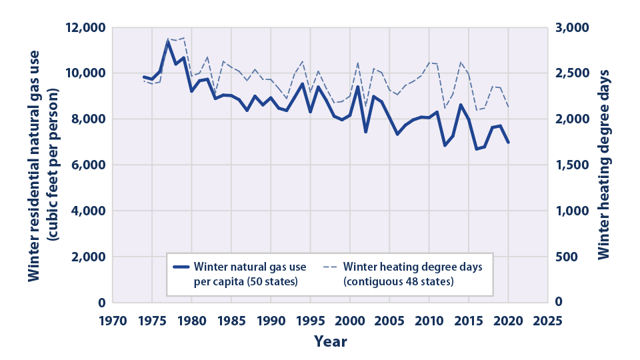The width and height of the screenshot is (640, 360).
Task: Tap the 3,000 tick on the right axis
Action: pos(572,27)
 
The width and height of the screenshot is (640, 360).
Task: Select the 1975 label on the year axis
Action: pos(152,319)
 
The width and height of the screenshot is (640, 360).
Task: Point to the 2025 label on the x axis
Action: pos(548,319)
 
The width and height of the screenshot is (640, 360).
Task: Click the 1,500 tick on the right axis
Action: pos(572,165)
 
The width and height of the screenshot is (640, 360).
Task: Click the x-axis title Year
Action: pos(331,341)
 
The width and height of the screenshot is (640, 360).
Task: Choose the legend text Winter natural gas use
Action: pos(251,267)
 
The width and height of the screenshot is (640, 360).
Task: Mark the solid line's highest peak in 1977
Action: pos(168,42)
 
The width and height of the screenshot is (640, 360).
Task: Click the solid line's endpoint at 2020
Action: pos(509,142)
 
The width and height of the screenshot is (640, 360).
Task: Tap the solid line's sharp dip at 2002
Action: pos(366,131)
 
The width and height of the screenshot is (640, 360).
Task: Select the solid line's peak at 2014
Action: pos(461,105)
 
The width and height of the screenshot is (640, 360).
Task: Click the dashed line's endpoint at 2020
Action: pos(509,107)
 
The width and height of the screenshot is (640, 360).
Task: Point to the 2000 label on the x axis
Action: pos(350,319)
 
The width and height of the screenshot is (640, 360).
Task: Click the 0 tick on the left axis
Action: pos(103,303)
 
